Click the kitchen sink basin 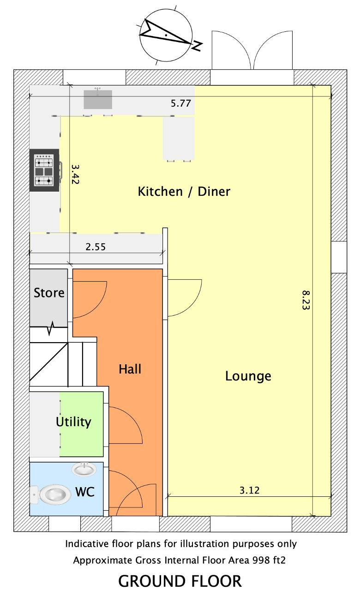pos(98,99)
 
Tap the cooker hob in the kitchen pos(44,170)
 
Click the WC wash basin pos(84,470)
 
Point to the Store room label pos(49,293)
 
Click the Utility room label pos(73,422)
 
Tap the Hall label pos(130,369)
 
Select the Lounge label pos(248,376)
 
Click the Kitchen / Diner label pos(184,191)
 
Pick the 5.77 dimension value pos(180,103)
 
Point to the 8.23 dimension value pos(306,300)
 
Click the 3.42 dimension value pos(75,174)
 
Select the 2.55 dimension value pos(96,247)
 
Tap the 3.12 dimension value pos(250,490)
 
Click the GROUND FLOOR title pos(180,581)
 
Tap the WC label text pos(85,492)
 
